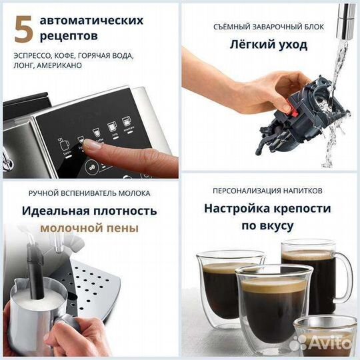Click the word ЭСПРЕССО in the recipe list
(x=32, y=56)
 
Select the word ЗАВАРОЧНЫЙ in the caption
(x=269, y=27)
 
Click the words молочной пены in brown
(x=89, y=228)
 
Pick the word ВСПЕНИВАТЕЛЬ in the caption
(x=86, y=193)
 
